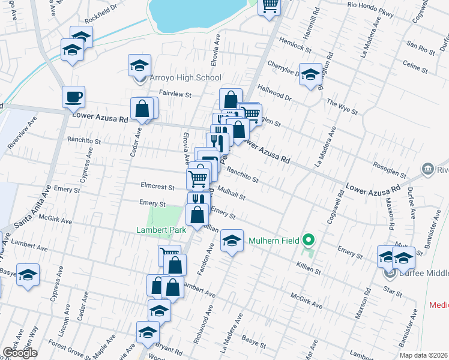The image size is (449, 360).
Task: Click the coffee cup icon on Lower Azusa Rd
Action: click(74, 97)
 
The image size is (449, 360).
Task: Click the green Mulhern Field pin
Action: click(309, 241)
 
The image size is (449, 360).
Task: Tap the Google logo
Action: click(19, 353)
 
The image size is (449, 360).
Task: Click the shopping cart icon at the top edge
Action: click(270, 5)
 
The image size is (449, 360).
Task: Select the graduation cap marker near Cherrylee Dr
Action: click(310, 75)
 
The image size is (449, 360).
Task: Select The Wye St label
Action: click(342, 107)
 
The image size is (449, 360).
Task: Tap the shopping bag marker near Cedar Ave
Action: click(143, 109)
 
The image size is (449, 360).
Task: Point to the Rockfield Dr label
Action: click(100, 20)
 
